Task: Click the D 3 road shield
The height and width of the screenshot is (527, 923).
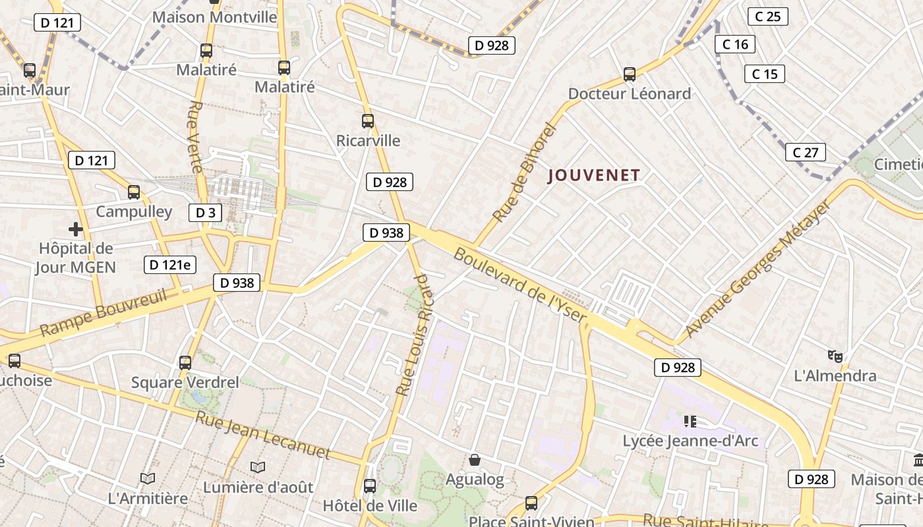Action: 205,212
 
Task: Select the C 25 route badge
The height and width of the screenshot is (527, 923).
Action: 768,16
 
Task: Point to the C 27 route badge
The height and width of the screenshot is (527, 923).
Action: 805,153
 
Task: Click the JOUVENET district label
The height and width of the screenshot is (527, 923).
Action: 594,175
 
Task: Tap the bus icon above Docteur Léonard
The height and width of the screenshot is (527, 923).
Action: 630,74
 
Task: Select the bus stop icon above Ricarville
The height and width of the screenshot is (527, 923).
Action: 368,121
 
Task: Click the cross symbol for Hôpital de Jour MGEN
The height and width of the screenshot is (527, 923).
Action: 76,229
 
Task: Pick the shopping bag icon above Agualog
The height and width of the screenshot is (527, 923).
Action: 475,460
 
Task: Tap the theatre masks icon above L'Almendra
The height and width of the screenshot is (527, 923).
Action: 835,356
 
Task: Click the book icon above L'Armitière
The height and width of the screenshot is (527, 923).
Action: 148,478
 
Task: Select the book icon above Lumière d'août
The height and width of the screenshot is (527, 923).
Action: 258,467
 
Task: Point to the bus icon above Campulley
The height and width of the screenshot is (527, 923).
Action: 134,192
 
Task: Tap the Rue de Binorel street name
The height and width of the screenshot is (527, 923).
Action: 525,173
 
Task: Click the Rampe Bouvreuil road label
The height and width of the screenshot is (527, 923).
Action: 104,312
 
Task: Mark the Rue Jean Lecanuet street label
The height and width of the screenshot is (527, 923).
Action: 262,434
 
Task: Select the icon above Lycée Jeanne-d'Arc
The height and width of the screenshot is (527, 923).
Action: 690,421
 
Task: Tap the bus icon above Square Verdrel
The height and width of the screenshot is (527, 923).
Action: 185,362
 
